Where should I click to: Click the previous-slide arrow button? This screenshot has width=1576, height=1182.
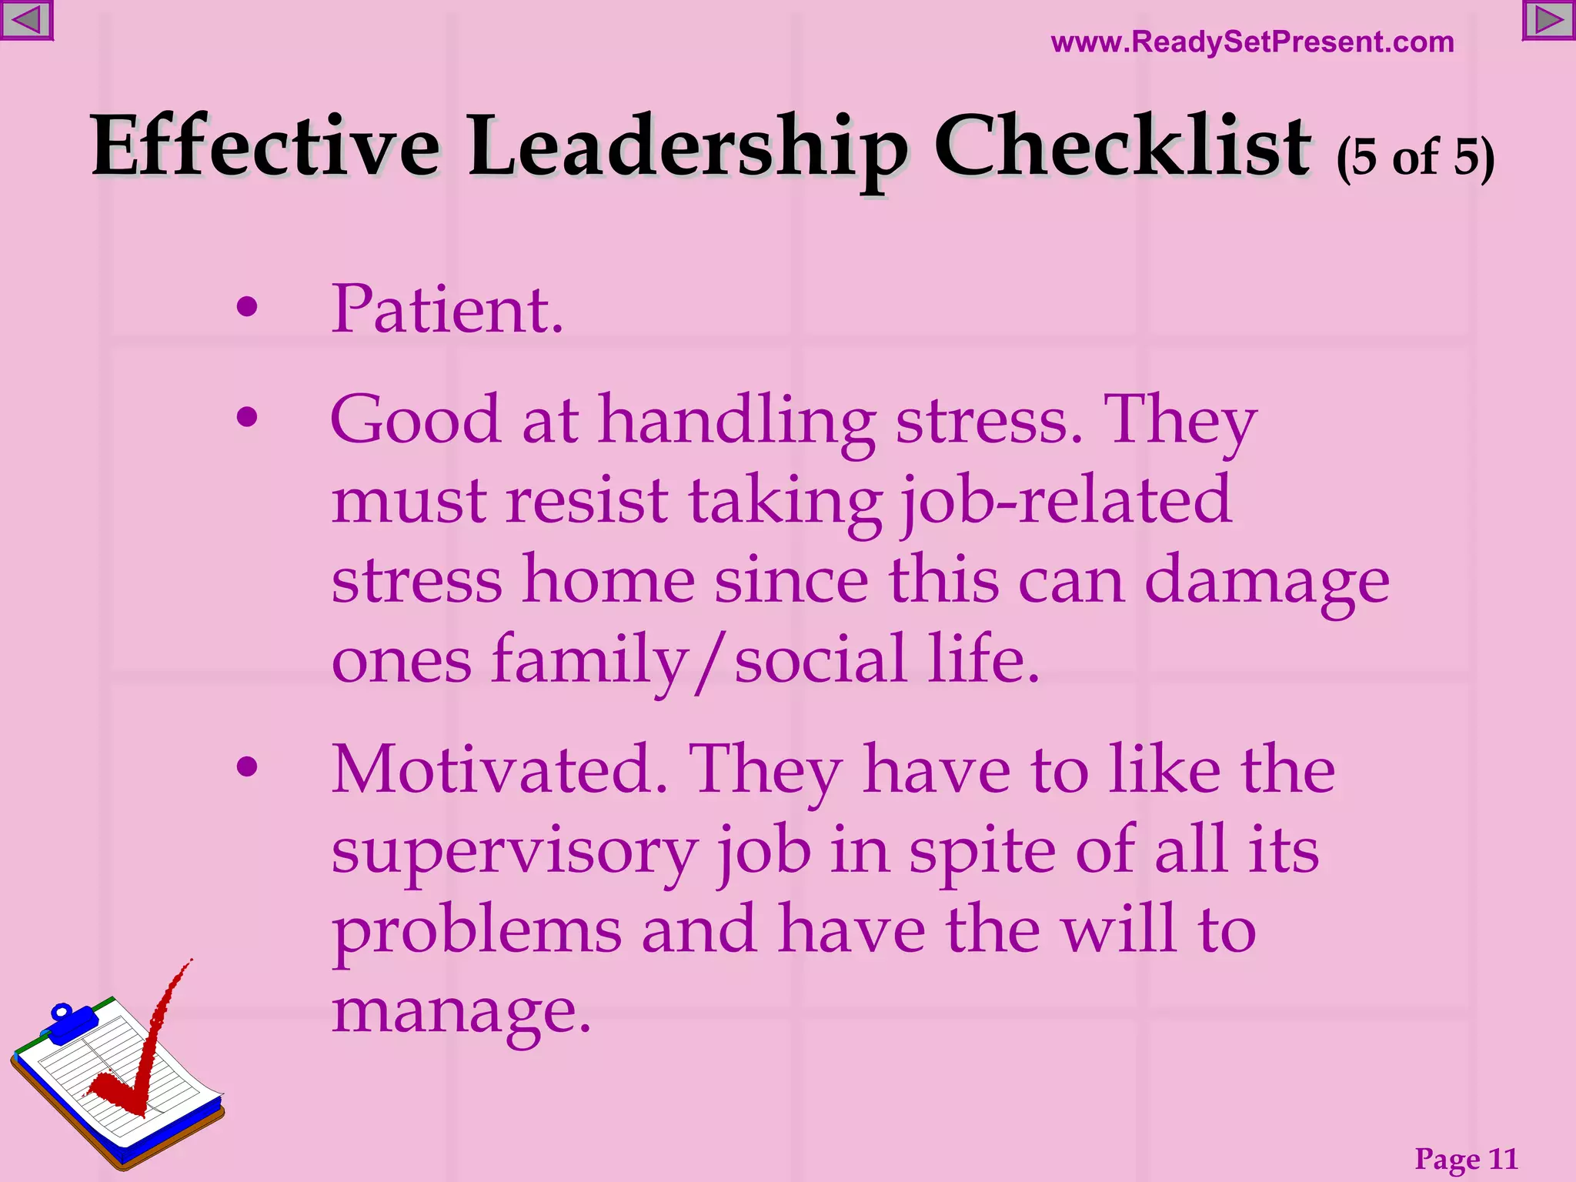pyautogui.click(x=26, y=20)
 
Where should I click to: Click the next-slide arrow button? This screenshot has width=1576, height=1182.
pyautogui.click(x=1549, y=20)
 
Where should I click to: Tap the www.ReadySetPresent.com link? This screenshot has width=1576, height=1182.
pyautogui.click(x=1252, y=42)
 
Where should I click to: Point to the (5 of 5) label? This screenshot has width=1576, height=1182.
pyautogui.click(x=1415, y=158)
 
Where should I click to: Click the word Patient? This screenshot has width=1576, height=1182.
pyautogui.click(x=446, y=309)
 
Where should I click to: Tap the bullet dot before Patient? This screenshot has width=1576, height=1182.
pyautogui.click(x=247, y=308)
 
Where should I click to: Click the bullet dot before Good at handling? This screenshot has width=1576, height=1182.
pyautogui.click(x=247, y=418)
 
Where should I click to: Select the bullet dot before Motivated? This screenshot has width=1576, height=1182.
pyautogui.click(x=247, y=766)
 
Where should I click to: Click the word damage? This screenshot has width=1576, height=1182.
pyautogui.click(x=1267, y=582)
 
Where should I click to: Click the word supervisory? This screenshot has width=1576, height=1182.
pyautogui.click(x=514, y=852)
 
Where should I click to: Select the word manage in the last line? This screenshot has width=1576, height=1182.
pyautogui.click(x=460, y=1011)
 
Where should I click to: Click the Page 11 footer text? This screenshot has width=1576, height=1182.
pyautogui.click(x=1466, y=1158)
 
